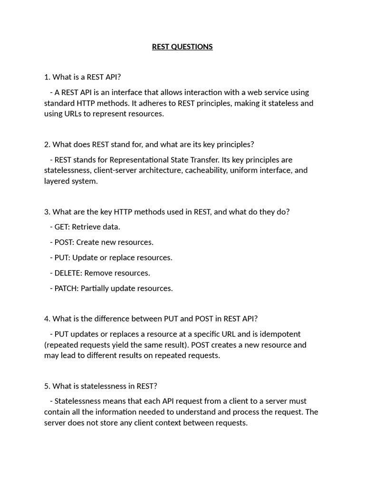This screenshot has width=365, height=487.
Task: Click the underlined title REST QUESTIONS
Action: (182, 47)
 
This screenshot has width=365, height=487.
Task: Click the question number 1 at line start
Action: (46, 77)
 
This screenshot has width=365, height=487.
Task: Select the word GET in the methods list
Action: (62, 227)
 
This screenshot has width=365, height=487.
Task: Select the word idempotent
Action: (281, 334)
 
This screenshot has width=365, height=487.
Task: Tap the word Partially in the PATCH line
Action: (96, 288)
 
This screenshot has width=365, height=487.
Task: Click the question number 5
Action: (46, 386)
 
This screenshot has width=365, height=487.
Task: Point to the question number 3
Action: (46, 212)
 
